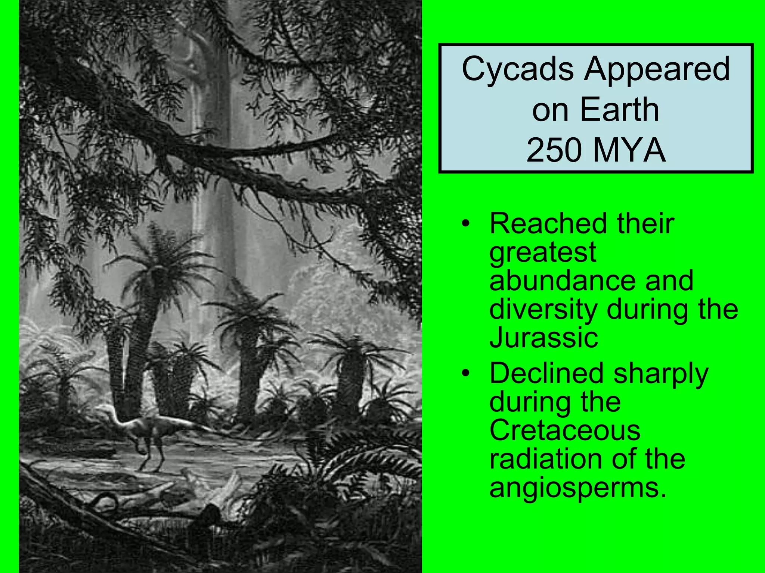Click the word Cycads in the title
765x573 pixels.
(x=517, y=69)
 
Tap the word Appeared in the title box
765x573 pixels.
(x=657, y=69)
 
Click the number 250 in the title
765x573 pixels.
(x=554, y=150)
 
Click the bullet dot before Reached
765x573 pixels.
(x=465, y=224)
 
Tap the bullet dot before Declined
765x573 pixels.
(x=465, y=373)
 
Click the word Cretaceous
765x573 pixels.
(x=565, y=430)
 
